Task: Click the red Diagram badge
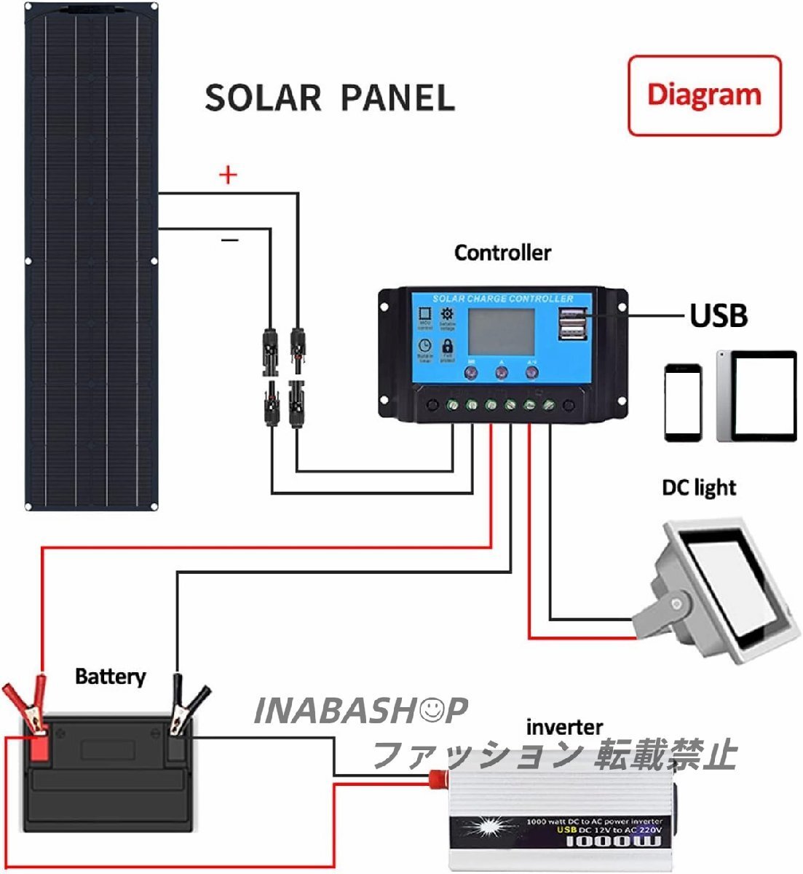point(704,95)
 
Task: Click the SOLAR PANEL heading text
point(329,98)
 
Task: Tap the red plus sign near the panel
point(229,175)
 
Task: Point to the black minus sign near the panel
point(229,239)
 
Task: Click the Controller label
point(502,253)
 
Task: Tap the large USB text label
point(718,315)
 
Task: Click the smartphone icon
point(683,402)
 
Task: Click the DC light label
point(699,487)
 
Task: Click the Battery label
point(110,677)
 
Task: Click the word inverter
point(564,727)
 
